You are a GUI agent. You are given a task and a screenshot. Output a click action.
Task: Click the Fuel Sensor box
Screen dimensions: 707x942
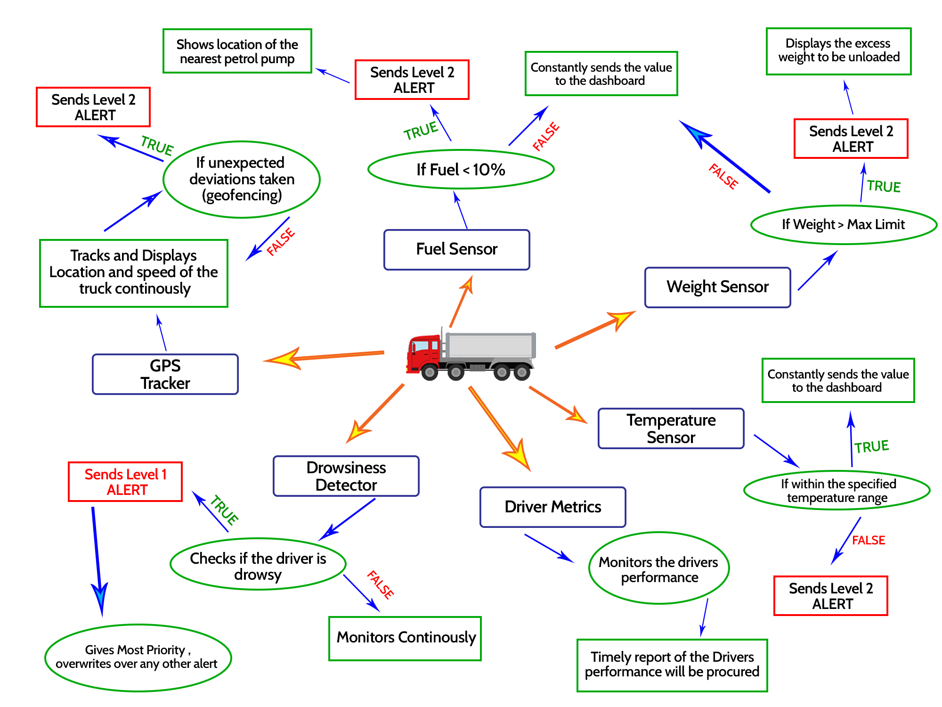point(456,249)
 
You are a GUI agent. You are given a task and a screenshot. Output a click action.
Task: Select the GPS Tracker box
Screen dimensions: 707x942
point(165,374)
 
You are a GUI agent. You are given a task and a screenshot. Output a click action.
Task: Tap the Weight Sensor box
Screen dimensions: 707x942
point(717,287)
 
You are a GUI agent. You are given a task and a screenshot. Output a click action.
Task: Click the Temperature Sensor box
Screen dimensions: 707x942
point(671,428)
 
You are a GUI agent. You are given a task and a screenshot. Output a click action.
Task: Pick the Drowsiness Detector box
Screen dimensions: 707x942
point(346,476)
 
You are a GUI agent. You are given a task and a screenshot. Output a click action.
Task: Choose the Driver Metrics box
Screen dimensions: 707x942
point(552,507)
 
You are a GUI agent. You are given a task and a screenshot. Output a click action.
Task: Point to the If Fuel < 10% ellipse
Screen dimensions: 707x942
point(461,170)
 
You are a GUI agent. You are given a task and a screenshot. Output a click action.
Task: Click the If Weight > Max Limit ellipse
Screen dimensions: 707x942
point(843,225)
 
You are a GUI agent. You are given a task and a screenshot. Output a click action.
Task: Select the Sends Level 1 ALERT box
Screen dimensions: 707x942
point(125,482)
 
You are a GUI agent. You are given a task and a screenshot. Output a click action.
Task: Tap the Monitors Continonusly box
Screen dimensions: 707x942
point(405,638)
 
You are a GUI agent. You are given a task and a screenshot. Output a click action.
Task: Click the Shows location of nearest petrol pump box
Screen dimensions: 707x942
point(237,51)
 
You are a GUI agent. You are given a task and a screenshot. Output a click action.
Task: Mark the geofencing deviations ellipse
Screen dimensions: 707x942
point(242,179)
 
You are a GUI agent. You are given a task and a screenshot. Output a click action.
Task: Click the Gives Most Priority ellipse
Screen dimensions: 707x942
point(138,658)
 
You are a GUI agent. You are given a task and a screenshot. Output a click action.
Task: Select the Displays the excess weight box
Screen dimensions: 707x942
point(838,51)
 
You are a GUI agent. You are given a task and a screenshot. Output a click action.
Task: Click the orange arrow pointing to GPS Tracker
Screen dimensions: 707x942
point(325,357)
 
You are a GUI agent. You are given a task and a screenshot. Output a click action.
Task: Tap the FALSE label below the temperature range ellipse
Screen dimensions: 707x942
point(868,540)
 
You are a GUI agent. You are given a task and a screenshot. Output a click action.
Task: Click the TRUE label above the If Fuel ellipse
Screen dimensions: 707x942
point(421,131)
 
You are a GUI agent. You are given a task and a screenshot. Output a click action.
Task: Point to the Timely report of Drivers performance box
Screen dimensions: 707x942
point(672,665)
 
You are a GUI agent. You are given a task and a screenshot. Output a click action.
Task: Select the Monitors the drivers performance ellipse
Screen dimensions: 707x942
point(658,568)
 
